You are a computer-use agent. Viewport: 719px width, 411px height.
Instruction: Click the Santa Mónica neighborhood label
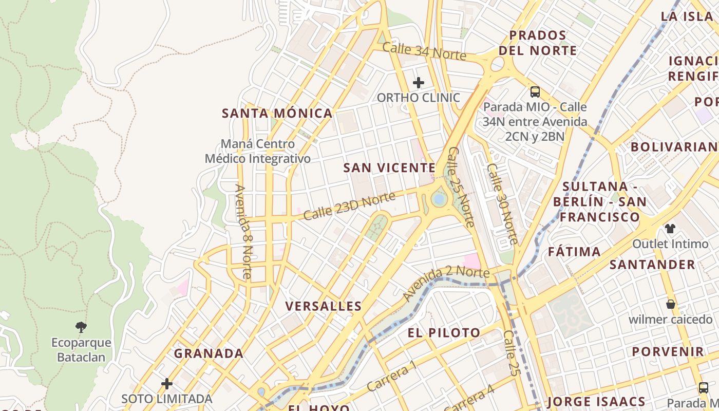click(277, 114)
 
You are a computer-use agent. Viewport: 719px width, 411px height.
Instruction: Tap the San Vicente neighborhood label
click(389, 168)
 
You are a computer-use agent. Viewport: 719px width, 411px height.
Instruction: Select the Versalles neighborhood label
click(324, 307)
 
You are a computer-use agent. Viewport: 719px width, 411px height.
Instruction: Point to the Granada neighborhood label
click(209, 353)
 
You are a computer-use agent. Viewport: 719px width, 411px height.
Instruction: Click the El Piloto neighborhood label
click(444, 333)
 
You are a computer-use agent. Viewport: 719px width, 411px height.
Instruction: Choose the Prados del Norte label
click(538, 43)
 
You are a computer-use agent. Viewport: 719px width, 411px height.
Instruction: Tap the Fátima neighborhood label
click(574, 252)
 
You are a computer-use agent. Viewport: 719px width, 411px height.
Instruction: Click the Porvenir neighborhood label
click(668, 352)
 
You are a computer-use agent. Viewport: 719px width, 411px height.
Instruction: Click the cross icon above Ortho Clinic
click(419, 83)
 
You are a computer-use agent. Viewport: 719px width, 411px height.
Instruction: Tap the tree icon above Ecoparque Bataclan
click(81, 327)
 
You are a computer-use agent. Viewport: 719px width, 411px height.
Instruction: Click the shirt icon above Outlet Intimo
click(670, 229)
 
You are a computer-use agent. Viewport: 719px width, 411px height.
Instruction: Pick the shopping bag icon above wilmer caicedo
click(670, 304)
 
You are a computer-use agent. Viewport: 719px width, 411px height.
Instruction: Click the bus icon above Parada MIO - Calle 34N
click(535, 92)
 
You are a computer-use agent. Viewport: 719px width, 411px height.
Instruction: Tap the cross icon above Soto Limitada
click(166, 384)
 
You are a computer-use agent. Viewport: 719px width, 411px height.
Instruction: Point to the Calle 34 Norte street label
click(424, 51)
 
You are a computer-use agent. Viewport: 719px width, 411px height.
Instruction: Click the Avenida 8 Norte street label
click(243, 231)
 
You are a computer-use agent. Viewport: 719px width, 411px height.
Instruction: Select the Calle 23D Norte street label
click(349, 206)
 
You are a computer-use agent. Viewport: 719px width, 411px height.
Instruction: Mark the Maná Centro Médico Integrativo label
click(258, 152)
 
